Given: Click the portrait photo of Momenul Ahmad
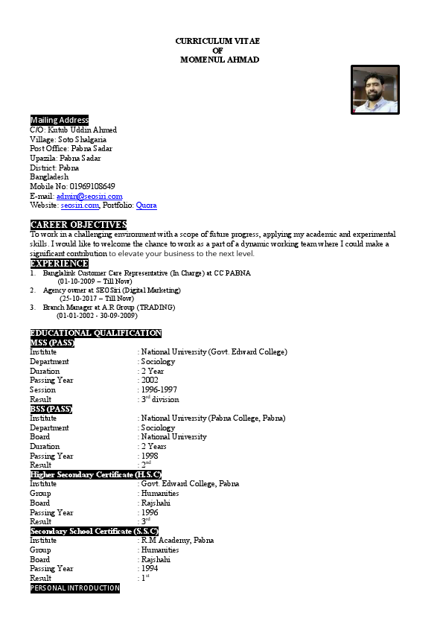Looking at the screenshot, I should [375, 90].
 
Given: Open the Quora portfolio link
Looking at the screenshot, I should [146, 205].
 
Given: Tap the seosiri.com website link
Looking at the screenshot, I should [80, 205].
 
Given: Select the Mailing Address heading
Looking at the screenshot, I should [60, 120].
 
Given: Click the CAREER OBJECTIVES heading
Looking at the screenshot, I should [78, 225].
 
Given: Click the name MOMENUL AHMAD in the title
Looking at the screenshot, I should [220, 60].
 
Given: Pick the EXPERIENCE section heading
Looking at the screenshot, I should [60, 263].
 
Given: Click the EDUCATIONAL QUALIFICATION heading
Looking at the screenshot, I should [95, 333].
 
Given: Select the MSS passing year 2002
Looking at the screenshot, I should [150, 380].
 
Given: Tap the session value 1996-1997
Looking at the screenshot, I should [159, 389].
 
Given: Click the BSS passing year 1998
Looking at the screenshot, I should [150, 456].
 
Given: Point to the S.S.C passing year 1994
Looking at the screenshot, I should [150, 568].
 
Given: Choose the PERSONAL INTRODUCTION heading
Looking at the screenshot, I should [74, 588].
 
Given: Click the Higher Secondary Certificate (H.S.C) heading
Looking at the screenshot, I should [95, 474].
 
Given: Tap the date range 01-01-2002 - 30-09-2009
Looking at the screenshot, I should [97, 316].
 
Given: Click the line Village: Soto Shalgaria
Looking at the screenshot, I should [68, 139].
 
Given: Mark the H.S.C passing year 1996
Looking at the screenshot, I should [150, 512].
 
